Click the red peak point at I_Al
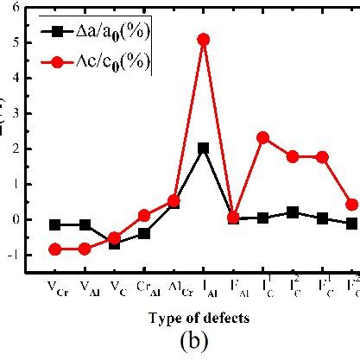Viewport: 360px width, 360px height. pos(203,40)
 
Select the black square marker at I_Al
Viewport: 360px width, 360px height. pos(203,148)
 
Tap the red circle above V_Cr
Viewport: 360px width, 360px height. pos(55,249)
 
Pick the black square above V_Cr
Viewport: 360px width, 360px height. pos(55,224)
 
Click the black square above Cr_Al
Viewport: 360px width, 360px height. pos(144,233)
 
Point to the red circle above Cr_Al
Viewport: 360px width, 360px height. pos(144,215)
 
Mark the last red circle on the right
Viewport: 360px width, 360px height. pos(351,205)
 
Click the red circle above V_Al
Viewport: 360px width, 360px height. pos(85,249)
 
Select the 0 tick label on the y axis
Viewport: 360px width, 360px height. pos(24,219)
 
